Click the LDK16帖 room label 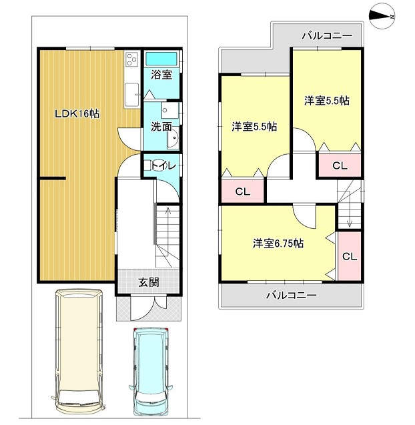pos(77,113)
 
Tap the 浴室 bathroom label pos(161,75)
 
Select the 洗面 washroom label pos(161,126)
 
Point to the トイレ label pos(163,165)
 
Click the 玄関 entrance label pos(149,283)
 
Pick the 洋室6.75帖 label pos(278,244)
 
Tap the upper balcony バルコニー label pos(328,35)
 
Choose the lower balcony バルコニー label pos(291,295)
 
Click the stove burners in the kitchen pos(132,59)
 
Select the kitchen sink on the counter pos(131,94)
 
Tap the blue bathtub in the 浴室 pos(161,59)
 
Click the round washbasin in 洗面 pos(173,137)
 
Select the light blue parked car pos(150,372)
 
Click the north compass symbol pos(382,16)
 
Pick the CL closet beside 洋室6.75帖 pos(350,256)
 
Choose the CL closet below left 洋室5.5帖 pos(243,191)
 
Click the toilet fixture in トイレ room pos(147,165)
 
